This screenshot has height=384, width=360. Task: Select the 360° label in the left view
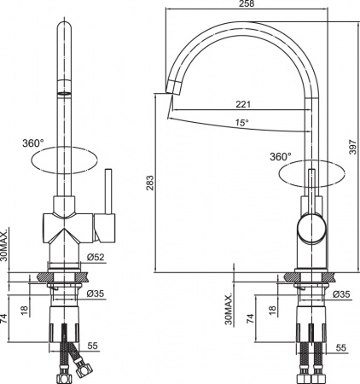click(33, 143)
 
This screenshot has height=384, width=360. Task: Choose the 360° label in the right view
click(280, 156)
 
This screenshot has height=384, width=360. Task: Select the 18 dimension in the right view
click(271, 311)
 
